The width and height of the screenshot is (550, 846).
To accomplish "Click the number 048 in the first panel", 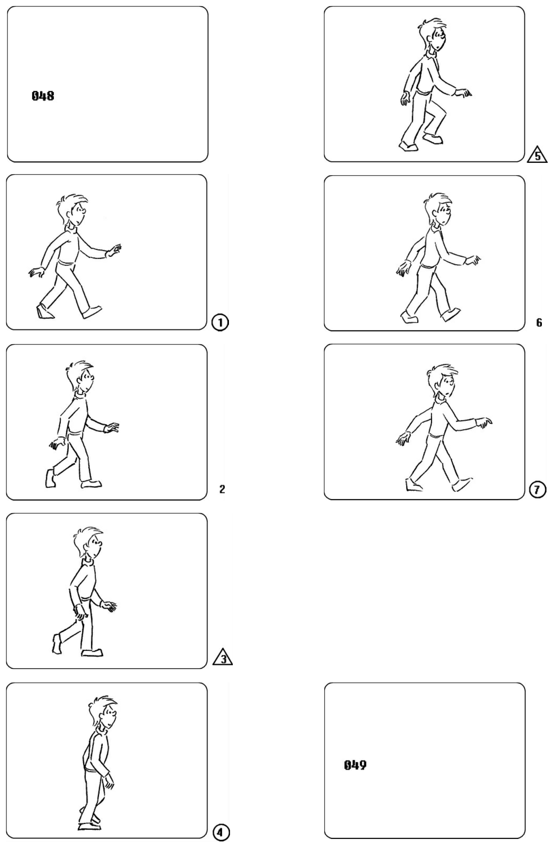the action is coord(43,96).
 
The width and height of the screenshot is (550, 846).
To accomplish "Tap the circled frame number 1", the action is coord(220,323).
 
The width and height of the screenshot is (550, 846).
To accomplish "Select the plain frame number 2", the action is coord(222,490).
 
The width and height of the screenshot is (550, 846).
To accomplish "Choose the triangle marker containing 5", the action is coord(537,155).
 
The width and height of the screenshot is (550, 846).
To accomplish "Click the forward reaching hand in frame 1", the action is coord(114,251).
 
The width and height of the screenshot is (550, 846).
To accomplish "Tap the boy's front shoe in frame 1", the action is coord(91,311).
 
